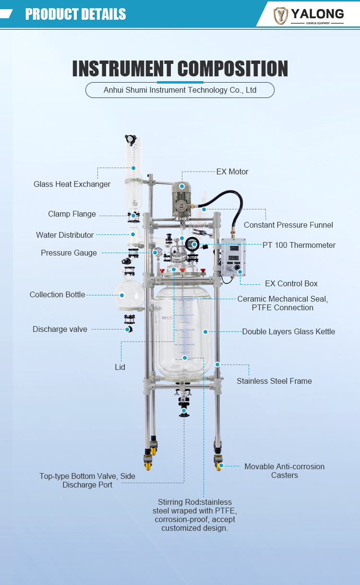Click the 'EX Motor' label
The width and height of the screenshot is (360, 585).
(232, 171)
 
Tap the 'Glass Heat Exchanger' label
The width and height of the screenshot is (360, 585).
(72, 184)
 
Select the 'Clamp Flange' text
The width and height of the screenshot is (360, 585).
(72, 214)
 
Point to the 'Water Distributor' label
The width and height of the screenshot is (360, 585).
(65, 235)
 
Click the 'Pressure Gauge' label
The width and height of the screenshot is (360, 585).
(69, 253)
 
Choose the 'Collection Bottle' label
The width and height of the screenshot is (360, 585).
(57, 294)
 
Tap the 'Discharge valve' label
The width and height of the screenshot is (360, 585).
(60, 329)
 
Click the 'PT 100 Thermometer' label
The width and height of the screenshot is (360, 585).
(299, 245)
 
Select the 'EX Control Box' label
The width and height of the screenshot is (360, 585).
(291, 283)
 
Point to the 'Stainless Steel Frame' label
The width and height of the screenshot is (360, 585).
(274, 381)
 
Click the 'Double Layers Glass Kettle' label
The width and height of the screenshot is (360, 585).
(288, 331)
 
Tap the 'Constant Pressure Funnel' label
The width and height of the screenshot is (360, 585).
(288, 225)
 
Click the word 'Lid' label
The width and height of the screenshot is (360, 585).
(120, 367)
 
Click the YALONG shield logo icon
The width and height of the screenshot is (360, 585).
(281, 15)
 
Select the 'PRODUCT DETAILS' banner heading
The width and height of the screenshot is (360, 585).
(75, 14)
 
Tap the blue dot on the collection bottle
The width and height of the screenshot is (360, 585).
(122, 295)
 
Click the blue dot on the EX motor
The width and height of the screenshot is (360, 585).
(182, 186)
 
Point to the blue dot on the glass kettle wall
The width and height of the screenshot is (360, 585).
(205, 331)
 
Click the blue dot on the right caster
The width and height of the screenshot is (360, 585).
(222, 465)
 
